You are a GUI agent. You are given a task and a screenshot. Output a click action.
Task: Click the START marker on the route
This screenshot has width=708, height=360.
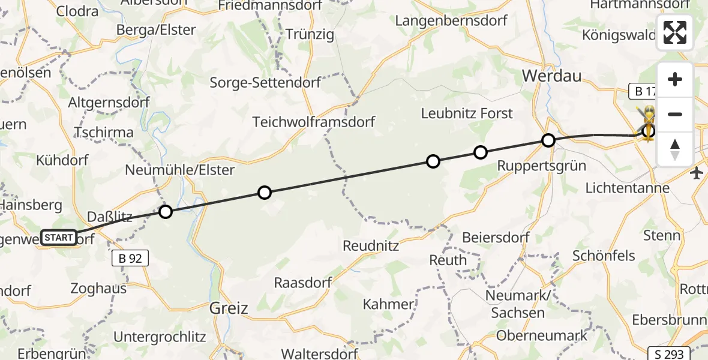59,238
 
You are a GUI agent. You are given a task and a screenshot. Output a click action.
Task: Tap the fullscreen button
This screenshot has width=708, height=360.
675,32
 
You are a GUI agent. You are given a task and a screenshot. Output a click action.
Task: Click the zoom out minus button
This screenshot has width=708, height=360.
675,114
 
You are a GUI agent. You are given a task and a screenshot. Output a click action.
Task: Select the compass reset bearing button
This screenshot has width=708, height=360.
675,149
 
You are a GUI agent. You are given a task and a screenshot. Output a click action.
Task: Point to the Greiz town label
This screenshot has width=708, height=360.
229,308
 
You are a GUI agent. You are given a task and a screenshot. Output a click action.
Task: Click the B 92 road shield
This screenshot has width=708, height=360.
130,259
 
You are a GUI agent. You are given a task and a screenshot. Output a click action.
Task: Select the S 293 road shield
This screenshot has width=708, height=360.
670,354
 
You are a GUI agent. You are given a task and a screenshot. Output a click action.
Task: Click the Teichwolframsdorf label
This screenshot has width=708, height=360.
314,122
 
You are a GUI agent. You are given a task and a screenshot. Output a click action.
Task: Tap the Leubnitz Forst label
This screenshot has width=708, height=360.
467,113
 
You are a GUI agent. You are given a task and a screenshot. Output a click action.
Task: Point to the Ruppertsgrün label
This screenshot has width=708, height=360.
542,166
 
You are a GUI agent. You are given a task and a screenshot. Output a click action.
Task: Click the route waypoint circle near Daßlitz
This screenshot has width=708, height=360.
166,211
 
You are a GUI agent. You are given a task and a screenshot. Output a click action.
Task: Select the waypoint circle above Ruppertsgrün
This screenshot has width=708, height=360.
548,140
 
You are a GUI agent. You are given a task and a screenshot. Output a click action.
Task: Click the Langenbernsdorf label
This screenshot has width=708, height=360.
451,20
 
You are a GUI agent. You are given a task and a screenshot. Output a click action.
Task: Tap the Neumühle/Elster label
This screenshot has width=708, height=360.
179,170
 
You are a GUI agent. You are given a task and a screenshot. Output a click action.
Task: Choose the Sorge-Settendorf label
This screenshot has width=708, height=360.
265,82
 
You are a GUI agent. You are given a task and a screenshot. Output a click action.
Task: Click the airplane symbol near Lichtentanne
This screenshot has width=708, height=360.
697,174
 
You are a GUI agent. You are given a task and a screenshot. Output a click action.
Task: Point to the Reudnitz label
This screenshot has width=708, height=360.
371,245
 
